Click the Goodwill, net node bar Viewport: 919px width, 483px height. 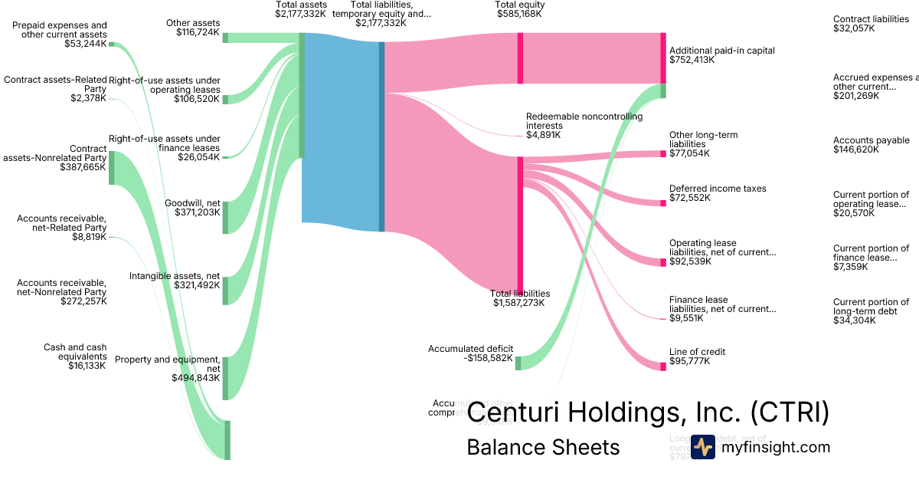[225, 217]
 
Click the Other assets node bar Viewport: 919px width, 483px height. [225, 38]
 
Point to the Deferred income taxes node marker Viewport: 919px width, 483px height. [663, 203]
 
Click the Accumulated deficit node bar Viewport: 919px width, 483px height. [518, 363]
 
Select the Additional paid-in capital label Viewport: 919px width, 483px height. [721, 51]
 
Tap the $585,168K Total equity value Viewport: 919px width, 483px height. [519, 14]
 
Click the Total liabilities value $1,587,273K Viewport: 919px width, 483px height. [519, 303]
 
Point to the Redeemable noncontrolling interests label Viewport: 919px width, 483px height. [584, 121]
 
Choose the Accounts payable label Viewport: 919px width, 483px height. [872, 140]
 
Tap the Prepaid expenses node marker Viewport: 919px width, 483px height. [111, 44]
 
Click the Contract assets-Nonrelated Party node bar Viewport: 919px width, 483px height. [111, 168]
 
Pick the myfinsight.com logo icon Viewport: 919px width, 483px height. [703, 447]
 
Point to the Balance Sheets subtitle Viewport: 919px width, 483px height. [543, 447]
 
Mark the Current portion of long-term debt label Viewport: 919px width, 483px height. [871, 307]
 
